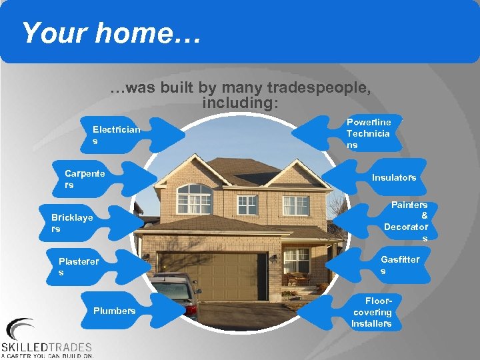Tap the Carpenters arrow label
click(85, 179)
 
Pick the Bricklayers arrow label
click(72, 223)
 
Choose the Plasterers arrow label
click(78, 267)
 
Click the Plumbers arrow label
click(115, 311)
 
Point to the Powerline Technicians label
click(369, 133)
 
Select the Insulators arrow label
click(393, 177)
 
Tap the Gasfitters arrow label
click(399, 265)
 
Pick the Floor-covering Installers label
click(372, 312)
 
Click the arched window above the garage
click(194, 199)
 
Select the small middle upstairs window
click(247, 204)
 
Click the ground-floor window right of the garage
click(296, 260)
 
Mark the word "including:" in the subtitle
click(241, 103)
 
